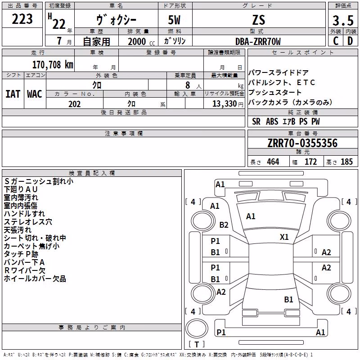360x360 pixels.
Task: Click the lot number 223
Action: point(22,19)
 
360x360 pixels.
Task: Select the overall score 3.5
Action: point(343,21)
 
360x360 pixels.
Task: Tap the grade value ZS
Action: point(259,20)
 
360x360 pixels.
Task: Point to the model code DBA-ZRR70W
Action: point(258,41)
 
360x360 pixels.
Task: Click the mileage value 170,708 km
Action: point(53,65)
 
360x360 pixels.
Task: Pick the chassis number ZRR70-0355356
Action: point(302,143)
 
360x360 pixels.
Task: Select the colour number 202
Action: point(74,104)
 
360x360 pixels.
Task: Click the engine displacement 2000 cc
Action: point(141,41)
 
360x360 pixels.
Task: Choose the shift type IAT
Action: point(13,94)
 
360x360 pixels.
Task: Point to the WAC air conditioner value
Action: point(35,94)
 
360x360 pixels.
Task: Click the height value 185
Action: point(346,162)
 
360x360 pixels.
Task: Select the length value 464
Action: point(273,162)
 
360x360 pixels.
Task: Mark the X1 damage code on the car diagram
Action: point(284,237)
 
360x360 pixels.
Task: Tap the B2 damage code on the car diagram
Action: point(224,225)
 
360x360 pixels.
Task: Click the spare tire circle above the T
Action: point(197,328)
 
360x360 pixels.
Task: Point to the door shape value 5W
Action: point(174,20)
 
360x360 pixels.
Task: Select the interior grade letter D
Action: point(350,41)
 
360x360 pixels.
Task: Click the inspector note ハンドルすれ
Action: point(24,213)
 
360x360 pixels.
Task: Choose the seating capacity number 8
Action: point(188,85)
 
